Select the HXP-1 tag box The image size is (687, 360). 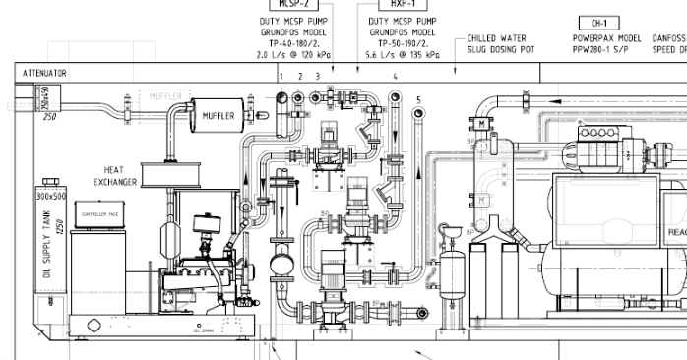(x=397, y=4)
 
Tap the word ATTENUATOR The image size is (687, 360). (x=43, y=73)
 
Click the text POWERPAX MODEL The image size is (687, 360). (x=606, y=38)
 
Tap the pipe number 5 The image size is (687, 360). (x=417, y=100)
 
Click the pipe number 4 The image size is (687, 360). (x=395, y=76)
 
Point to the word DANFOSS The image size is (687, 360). (x=667, y=38)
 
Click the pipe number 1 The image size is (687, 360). (x=281, y=76)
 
